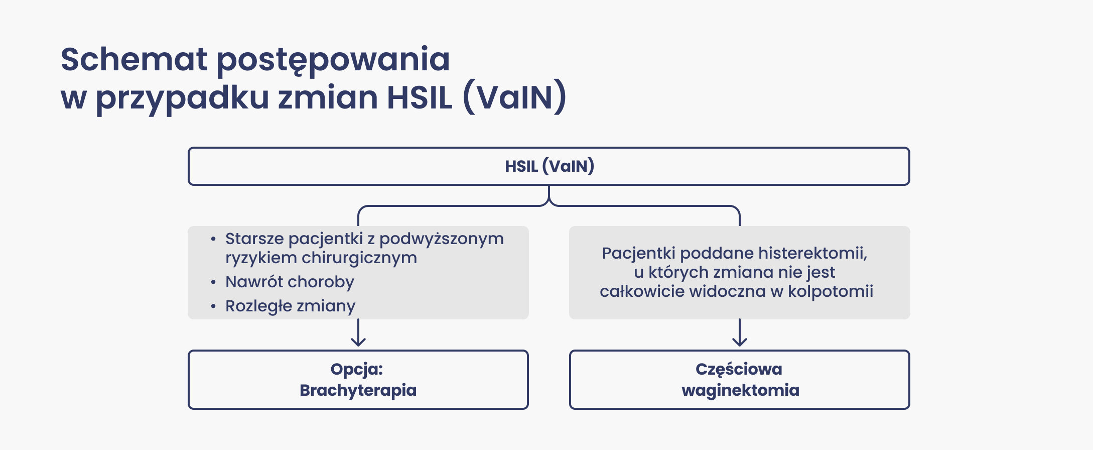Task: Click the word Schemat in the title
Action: click(133, 59)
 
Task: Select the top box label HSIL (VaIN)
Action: click(549, 166)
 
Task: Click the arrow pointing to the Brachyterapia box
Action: click(358, 334)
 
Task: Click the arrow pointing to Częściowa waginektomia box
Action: click(739, 334)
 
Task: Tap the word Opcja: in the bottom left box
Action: click(357, 369)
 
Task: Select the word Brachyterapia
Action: click(358, 390)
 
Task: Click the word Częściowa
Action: click(739, 369)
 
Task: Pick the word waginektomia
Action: click(740, 390)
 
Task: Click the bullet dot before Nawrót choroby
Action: click(213, 282)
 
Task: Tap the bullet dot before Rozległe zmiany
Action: click(213, 306)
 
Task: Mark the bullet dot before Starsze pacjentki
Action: click(213, 239)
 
